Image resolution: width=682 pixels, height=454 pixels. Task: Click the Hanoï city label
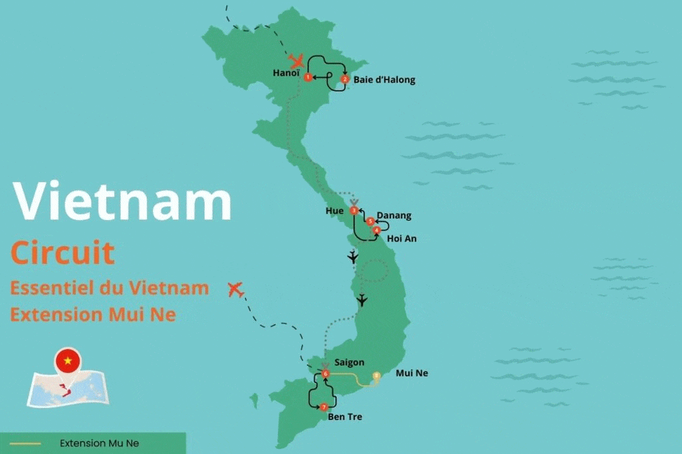point(286,73)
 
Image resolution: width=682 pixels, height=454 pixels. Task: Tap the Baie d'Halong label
point(384,80)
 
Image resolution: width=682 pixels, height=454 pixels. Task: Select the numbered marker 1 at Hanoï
point(308,78)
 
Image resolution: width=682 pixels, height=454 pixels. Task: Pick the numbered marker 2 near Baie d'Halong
point(345,79)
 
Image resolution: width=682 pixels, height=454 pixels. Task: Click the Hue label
point(335,211)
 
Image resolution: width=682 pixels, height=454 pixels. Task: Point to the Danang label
point(393,216)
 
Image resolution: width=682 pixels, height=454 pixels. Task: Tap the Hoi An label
point(402,239)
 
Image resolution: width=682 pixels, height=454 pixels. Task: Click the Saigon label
point(349,363)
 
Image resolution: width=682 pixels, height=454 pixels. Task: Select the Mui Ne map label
point(412,373)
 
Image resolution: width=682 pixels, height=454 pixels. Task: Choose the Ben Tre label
point(345,417)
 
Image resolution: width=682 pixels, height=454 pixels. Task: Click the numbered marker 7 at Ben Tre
point(324,407)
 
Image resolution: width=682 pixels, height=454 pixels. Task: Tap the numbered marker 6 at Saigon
point(325,374)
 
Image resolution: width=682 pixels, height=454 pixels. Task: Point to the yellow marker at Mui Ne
point(377,376)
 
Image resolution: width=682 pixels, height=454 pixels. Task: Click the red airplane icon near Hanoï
point(296,61)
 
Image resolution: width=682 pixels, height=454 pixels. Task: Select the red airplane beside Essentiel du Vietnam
point(236,290)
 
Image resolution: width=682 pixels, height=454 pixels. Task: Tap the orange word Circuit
point(63,253)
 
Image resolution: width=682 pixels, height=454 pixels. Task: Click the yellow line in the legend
point(25,443)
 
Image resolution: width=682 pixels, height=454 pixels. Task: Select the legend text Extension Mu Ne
point(99,443)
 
